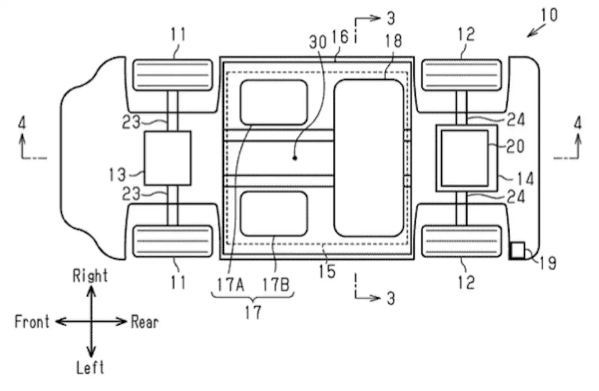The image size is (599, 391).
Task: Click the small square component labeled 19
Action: [517, 250]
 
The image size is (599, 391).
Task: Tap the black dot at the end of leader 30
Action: [295, 158]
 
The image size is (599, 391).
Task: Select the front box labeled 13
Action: [168, 158]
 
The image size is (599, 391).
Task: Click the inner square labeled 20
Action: [465, 158]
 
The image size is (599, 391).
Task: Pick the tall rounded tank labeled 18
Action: [369, 158]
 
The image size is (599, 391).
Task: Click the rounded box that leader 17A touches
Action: [274, 102]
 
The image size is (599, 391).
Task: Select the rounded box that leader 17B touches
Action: [274, 214]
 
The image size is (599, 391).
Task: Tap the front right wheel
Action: [173, 75]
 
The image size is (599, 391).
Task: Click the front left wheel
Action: [173, 241]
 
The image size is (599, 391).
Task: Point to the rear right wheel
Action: [462, 75]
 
